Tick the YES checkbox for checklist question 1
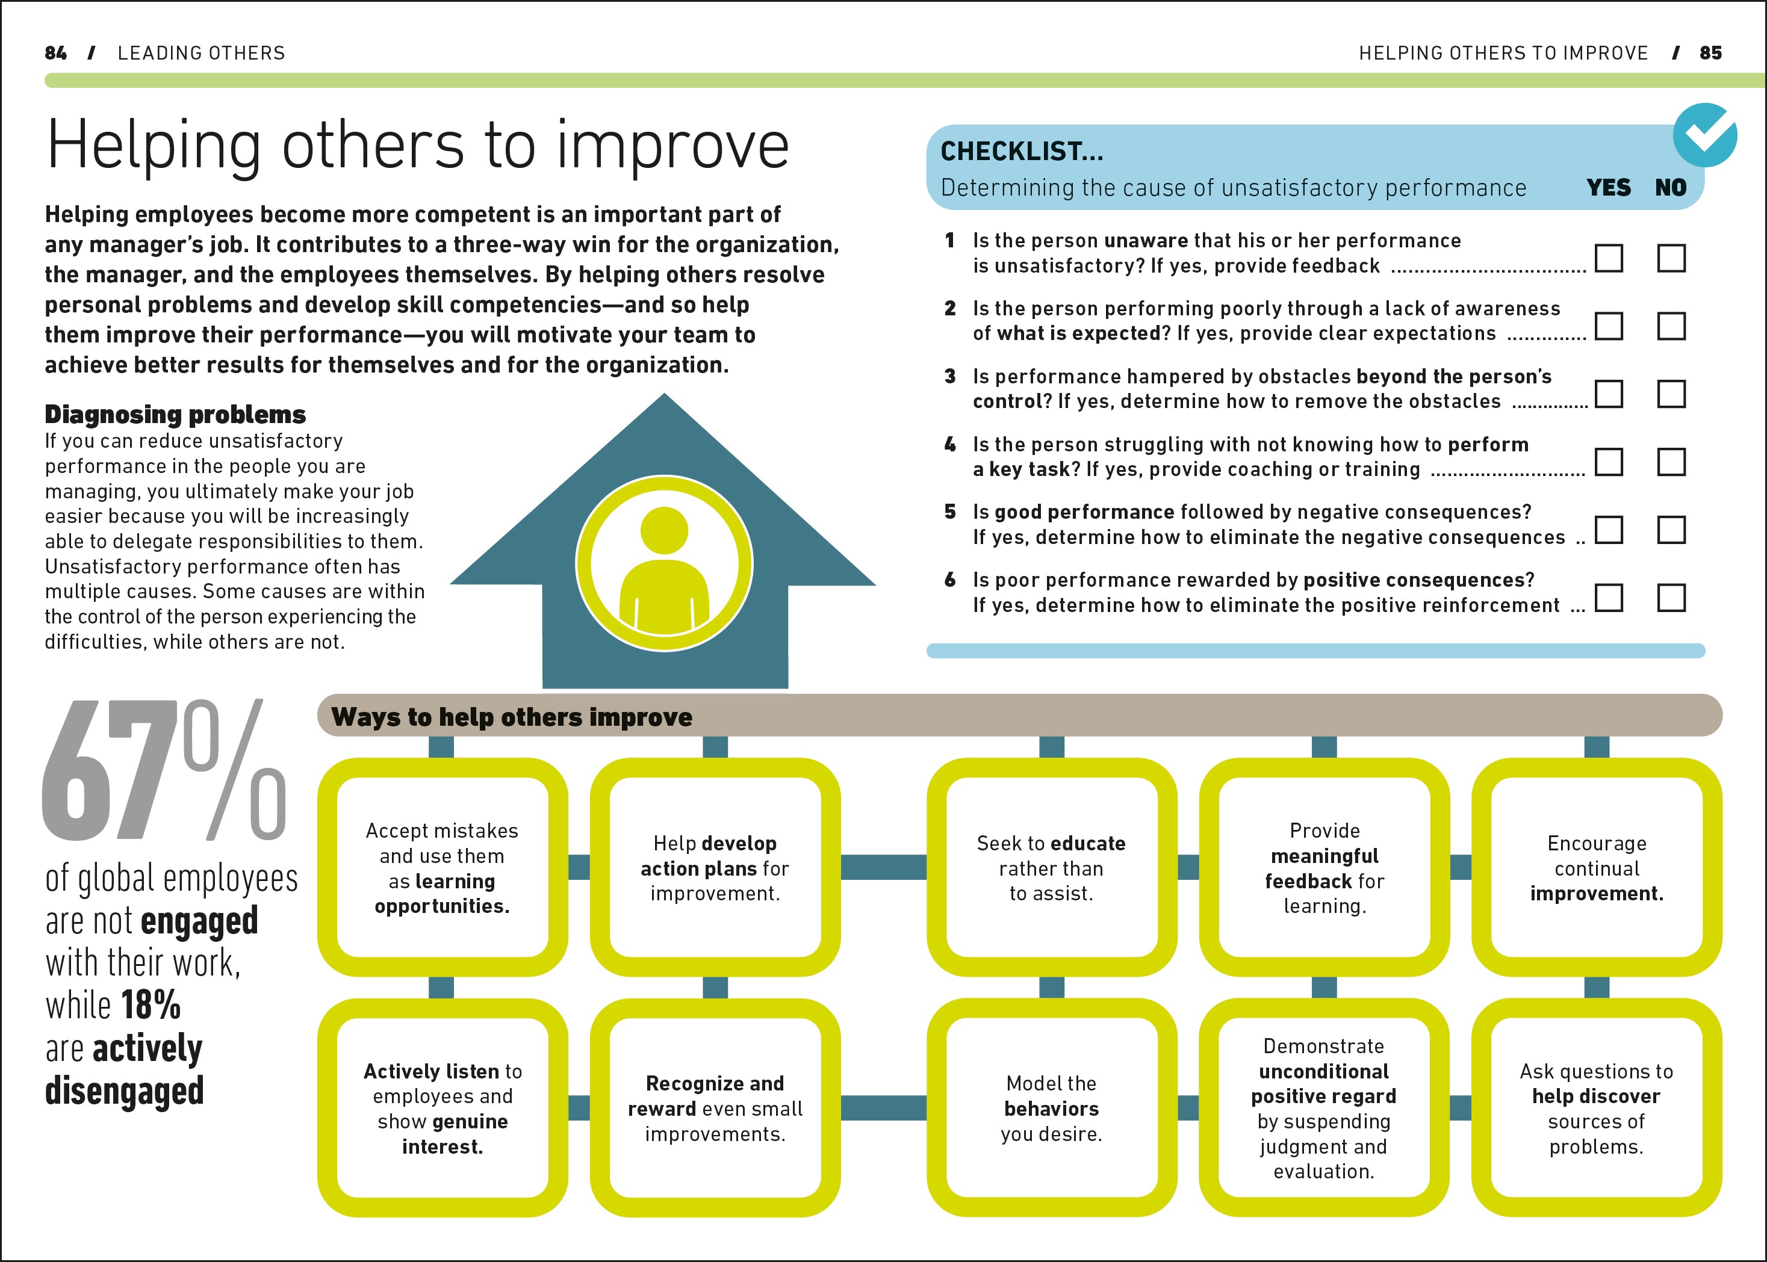point(1609,258)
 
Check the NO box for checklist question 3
point(1671,394)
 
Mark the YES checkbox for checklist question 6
point(1609,598)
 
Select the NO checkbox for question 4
point(1671,462)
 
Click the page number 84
point(56,53)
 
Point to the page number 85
point(1710,53)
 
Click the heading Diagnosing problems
point(175,414)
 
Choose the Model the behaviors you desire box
point(1051,1108)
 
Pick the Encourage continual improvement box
point(1596,867)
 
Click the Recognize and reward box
point(715,1108)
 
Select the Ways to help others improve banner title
point(512,717)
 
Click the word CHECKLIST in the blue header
point(1020,152)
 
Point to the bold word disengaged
point(125,1090)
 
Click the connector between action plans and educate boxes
point(883,867)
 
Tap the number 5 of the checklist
point(950,512)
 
